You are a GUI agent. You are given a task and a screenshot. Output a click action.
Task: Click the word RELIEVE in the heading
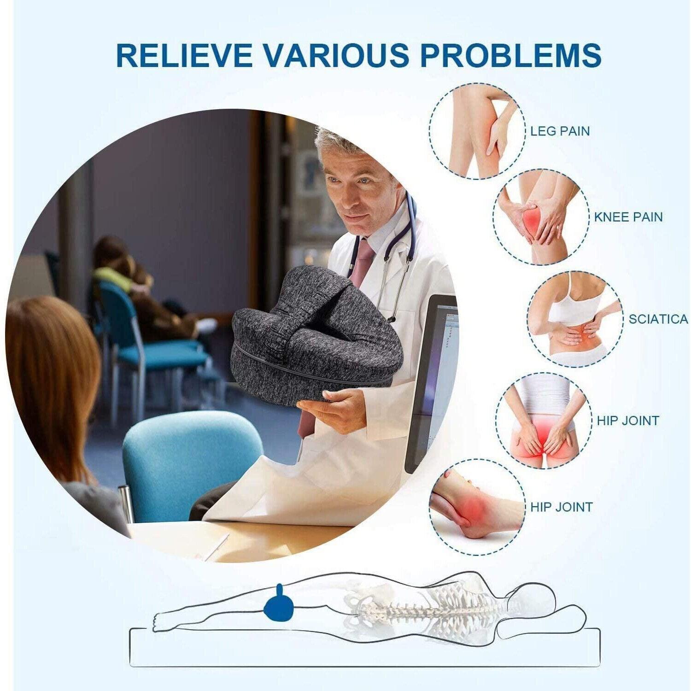point(184,55)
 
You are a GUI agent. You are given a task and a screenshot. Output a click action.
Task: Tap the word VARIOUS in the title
point(336,55)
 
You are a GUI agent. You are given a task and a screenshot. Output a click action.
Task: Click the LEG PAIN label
point(560,131)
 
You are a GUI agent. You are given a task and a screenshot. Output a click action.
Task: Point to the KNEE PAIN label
point(628,217)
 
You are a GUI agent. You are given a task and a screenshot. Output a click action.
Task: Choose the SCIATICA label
point(658,319)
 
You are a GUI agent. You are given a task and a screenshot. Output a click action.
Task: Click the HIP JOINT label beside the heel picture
point(561,507)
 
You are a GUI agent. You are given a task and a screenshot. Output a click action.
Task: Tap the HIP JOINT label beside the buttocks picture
point(628,420)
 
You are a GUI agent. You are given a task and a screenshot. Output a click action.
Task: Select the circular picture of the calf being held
point(478,131)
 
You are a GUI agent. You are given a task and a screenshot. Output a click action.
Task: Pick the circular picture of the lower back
point(575,319)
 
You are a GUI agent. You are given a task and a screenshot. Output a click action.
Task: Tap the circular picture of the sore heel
point(477,507)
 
